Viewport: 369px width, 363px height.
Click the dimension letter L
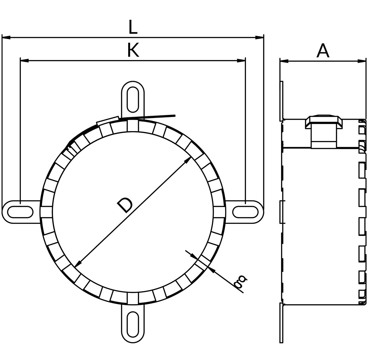[133, 27]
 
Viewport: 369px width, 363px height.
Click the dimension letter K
[133, 50]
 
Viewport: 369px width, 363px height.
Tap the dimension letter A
[323, 50]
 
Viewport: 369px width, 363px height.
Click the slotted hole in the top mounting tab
[133, 100]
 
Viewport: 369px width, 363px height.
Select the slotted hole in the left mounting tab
[20, 212]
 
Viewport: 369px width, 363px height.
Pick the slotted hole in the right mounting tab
[245, 212]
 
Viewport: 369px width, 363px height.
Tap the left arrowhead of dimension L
[6, 37]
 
